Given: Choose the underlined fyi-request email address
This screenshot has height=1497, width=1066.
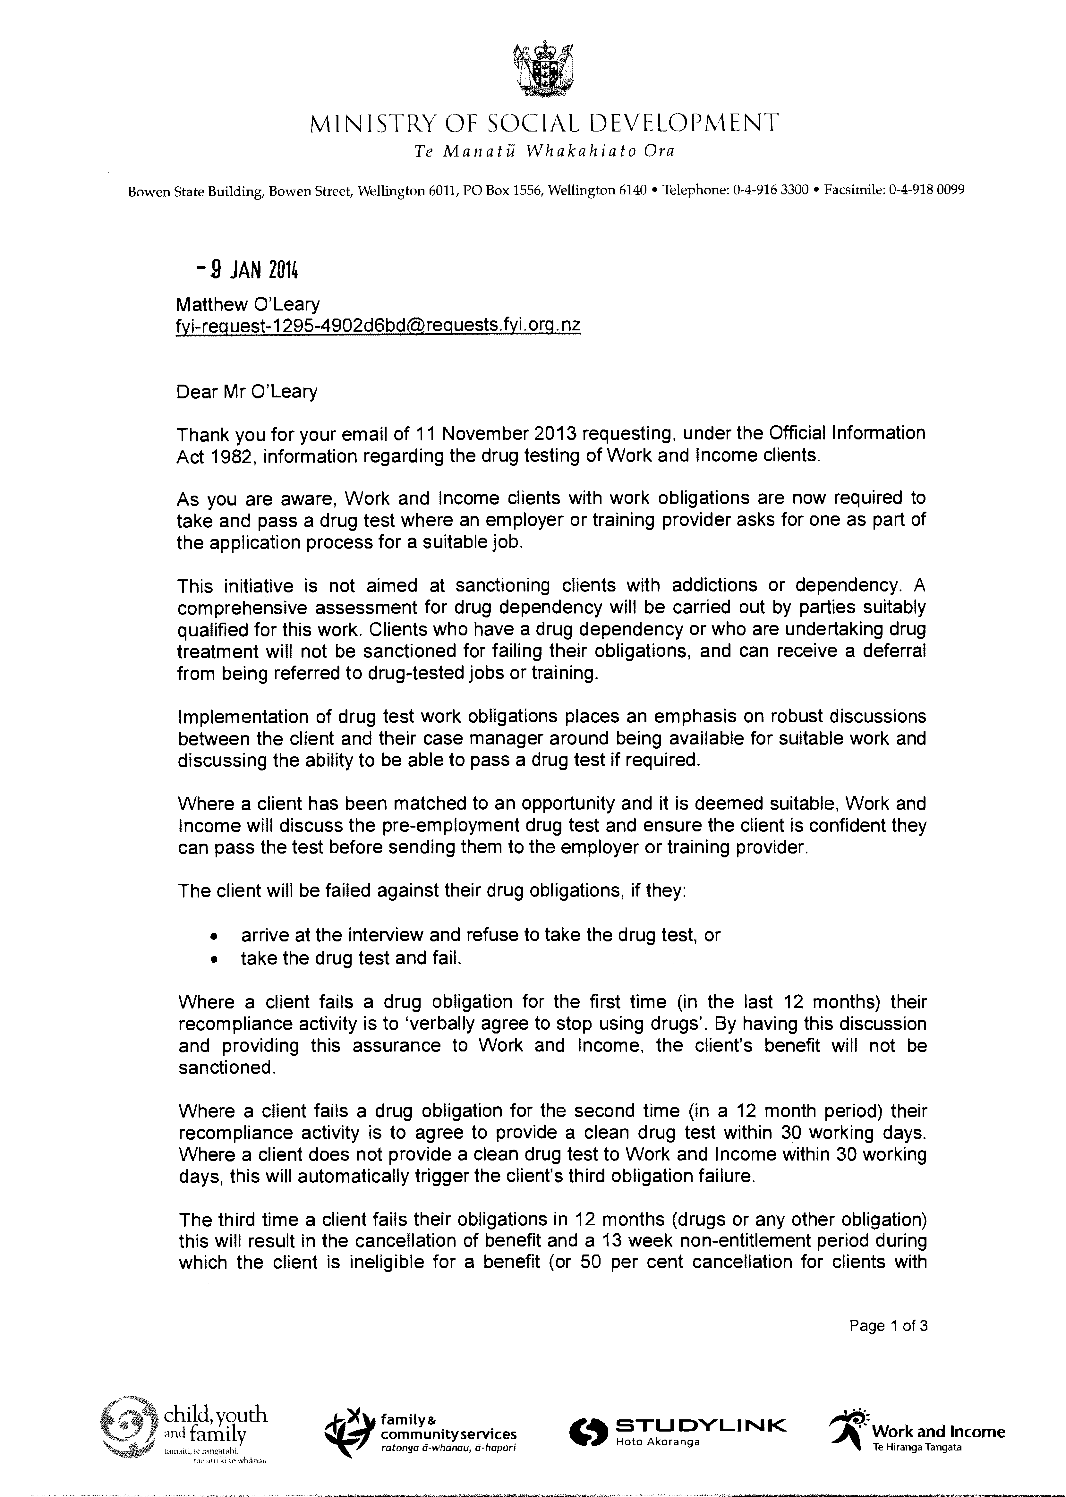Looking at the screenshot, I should pos(378,326).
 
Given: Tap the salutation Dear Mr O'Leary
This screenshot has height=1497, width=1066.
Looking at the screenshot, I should pos(247,392).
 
